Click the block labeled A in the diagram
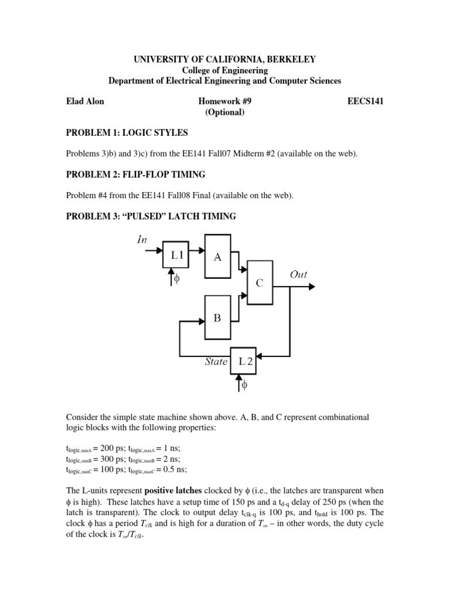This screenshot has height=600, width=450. [218, 255]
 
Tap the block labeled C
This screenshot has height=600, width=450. [260, 282]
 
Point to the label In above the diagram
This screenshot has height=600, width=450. [142, 239]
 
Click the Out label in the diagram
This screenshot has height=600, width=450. [298, 274]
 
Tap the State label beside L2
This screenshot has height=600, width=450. [216, 362]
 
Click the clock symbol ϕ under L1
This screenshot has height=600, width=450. [177, 279]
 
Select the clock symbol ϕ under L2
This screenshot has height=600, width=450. [245, 386]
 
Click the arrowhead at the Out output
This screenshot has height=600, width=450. [312, 287]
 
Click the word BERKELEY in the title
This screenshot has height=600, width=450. [289, 59]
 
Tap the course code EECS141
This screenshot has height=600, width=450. [366, 101]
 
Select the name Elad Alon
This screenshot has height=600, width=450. [86, 101]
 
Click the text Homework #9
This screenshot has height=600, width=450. [224, 101]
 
